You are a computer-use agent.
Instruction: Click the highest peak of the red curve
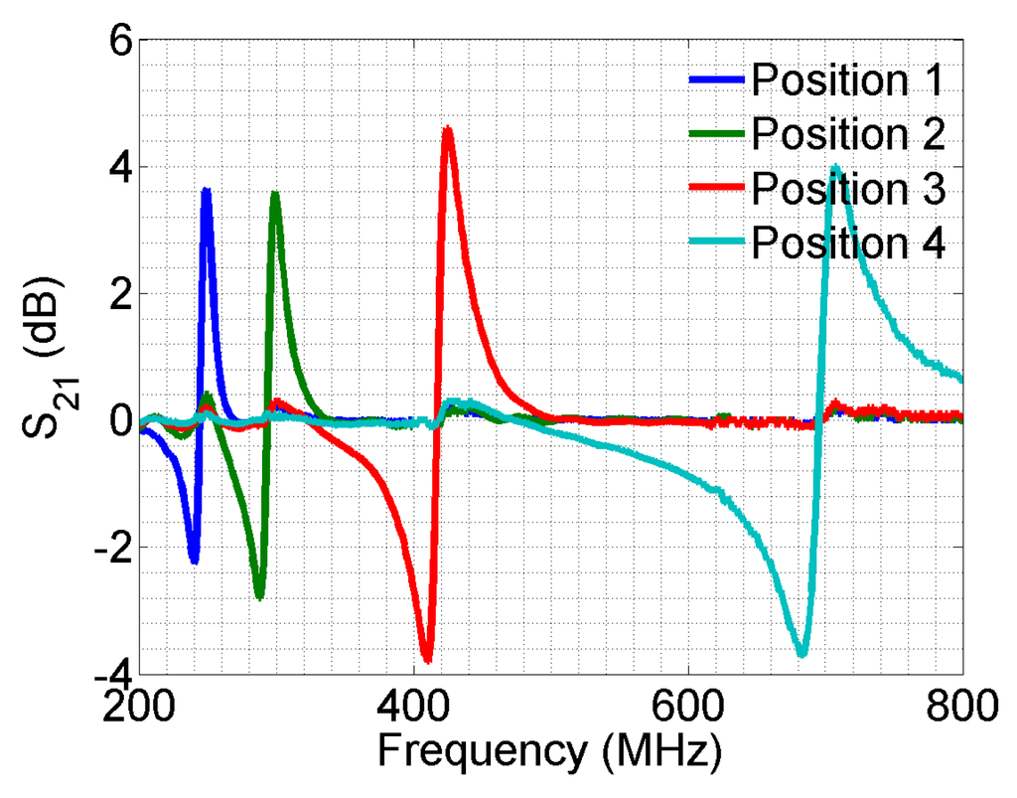[x=449, y=128]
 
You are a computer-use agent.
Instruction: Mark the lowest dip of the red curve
[x=427, y=660]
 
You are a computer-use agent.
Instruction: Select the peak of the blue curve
[x=207, y=190]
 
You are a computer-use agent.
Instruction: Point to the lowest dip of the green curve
[x=259, y=597]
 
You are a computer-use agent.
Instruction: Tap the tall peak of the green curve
[x=275, y=194]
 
